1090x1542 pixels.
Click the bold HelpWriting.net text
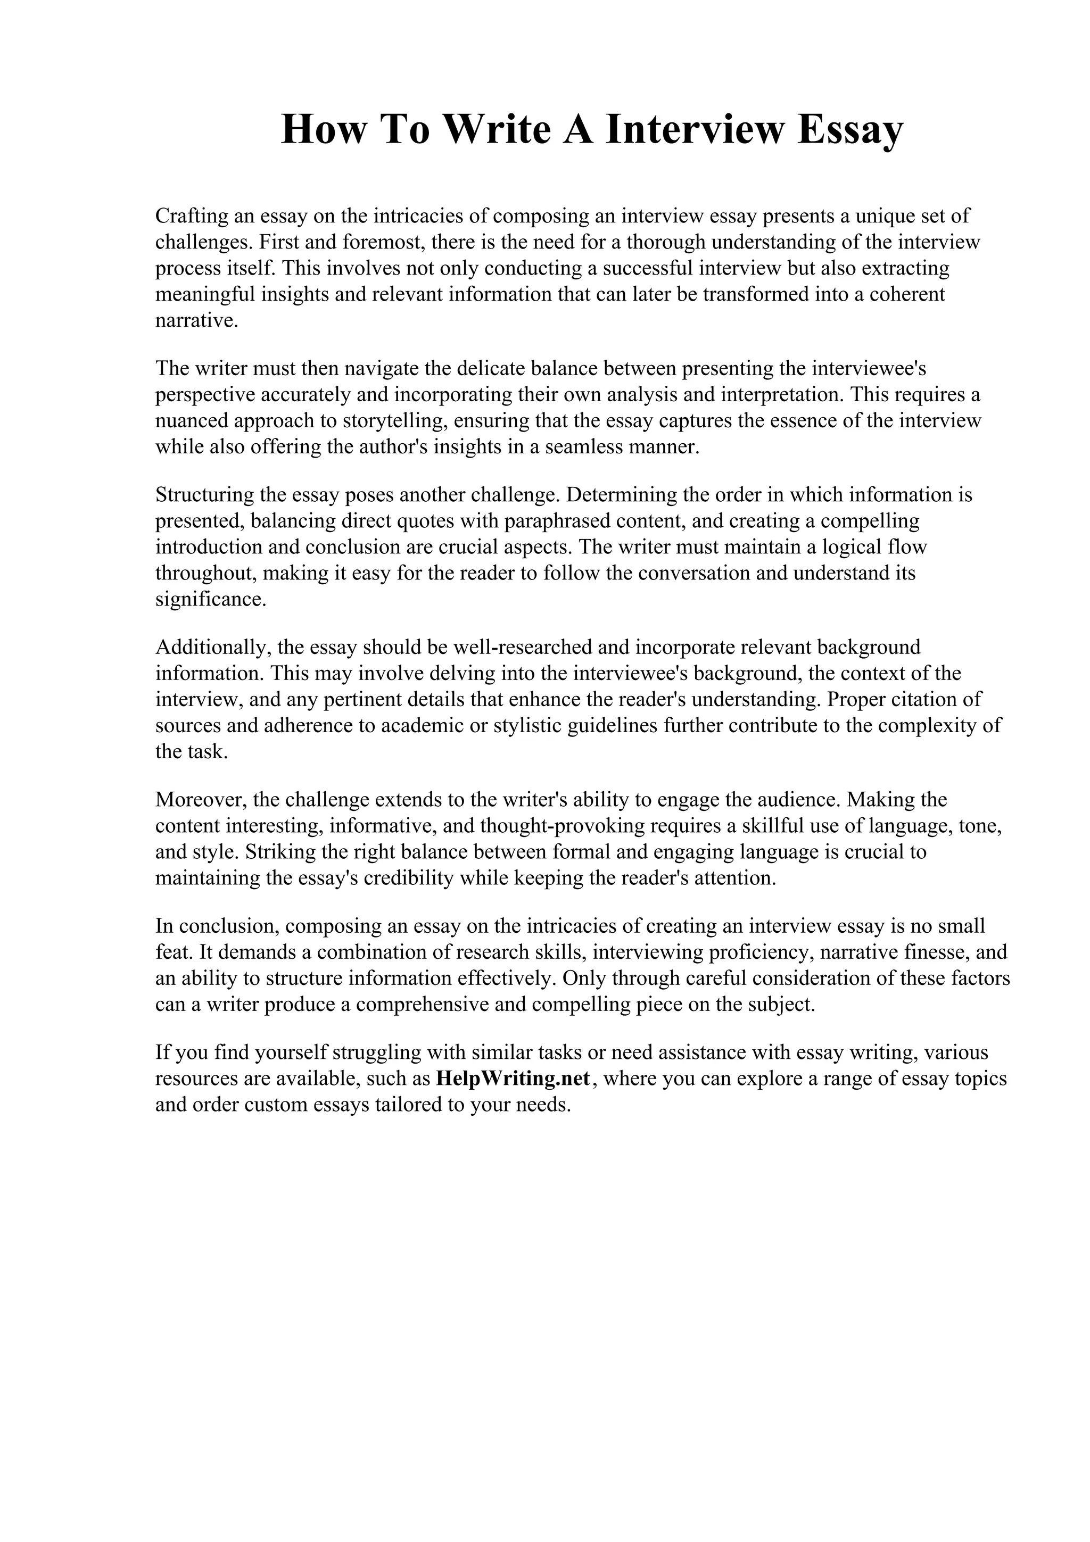(x=513, y=1078)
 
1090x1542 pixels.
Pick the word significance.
(x=211, y=599)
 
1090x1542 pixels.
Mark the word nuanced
(x=193, y=421)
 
